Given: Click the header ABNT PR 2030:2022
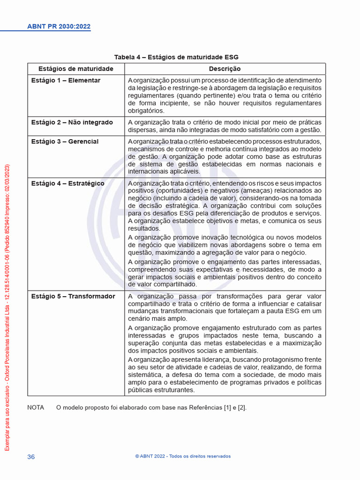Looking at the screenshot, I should tap(59, 27).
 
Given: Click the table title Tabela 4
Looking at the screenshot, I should tap(176, 57).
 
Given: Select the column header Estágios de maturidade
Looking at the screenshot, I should tap(76, 69).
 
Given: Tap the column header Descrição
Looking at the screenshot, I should tap(225, 69).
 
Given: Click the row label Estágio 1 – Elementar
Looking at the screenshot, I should tap(66, 81).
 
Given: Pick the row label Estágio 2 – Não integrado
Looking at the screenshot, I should tap(72, 122).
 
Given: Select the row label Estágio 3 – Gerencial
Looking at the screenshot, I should tap(65, 142).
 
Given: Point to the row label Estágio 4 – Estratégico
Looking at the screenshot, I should tap(67, 183).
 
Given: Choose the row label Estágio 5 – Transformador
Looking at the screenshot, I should tap(73, 296).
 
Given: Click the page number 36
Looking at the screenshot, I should tap(31, 457).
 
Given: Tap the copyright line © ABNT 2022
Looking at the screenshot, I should tap(183, 457).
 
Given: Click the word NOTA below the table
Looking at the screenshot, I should tap(36, 408).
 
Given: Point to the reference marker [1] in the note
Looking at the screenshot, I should tap(228, 408).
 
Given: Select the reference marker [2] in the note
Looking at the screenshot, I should tap(241, 408).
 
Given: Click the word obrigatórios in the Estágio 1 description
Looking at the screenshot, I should tap(146, 111).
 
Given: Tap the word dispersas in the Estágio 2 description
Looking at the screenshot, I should tap(142, 130).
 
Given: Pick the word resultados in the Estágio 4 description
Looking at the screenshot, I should tap(144, 229).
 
